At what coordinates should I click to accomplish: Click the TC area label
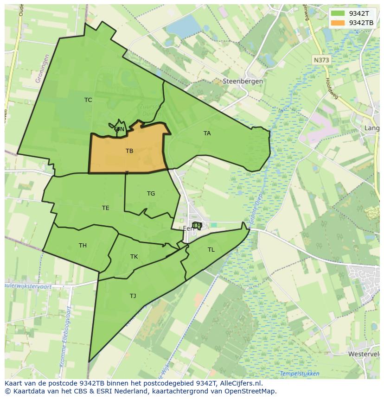point(88,100)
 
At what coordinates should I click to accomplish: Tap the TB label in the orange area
point(129,151)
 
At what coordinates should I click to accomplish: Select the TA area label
point(207,133)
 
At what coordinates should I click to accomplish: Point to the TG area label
point(151,194)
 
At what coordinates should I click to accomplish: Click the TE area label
point(106,208)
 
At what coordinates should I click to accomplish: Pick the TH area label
point(83,246)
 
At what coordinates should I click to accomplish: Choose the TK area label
point(134,257)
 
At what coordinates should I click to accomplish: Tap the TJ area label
point(133,296)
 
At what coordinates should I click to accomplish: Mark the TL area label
point(211,250)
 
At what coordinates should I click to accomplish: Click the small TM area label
point(197,226)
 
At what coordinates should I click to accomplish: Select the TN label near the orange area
point(120,129)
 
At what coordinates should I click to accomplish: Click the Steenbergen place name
point(243,81)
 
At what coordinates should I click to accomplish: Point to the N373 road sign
point(321,60)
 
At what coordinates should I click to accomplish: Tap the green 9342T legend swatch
point(338,13)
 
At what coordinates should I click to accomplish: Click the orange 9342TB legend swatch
point(338,23)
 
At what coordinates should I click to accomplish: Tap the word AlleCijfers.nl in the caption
point(240,383)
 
